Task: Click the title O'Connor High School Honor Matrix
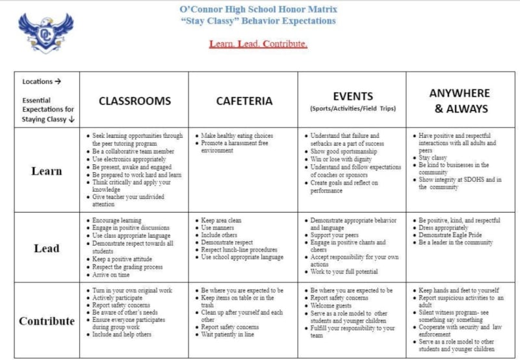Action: point(258,8)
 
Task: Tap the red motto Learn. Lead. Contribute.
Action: point(258,44)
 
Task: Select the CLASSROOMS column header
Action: point(135,101)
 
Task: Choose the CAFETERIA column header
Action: point(244,101)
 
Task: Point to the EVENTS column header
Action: point(353,96)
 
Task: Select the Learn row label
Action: point(47,172)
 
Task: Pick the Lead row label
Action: point(47,248)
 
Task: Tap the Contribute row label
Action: point(47,321)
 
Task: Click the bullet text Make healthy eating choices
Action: point(237,135)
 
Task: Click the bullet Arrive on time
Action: point(114,275)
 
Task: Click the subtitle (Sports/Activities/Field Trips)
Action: point(353,109)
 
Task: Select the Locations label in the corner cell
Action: point(41,82)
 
